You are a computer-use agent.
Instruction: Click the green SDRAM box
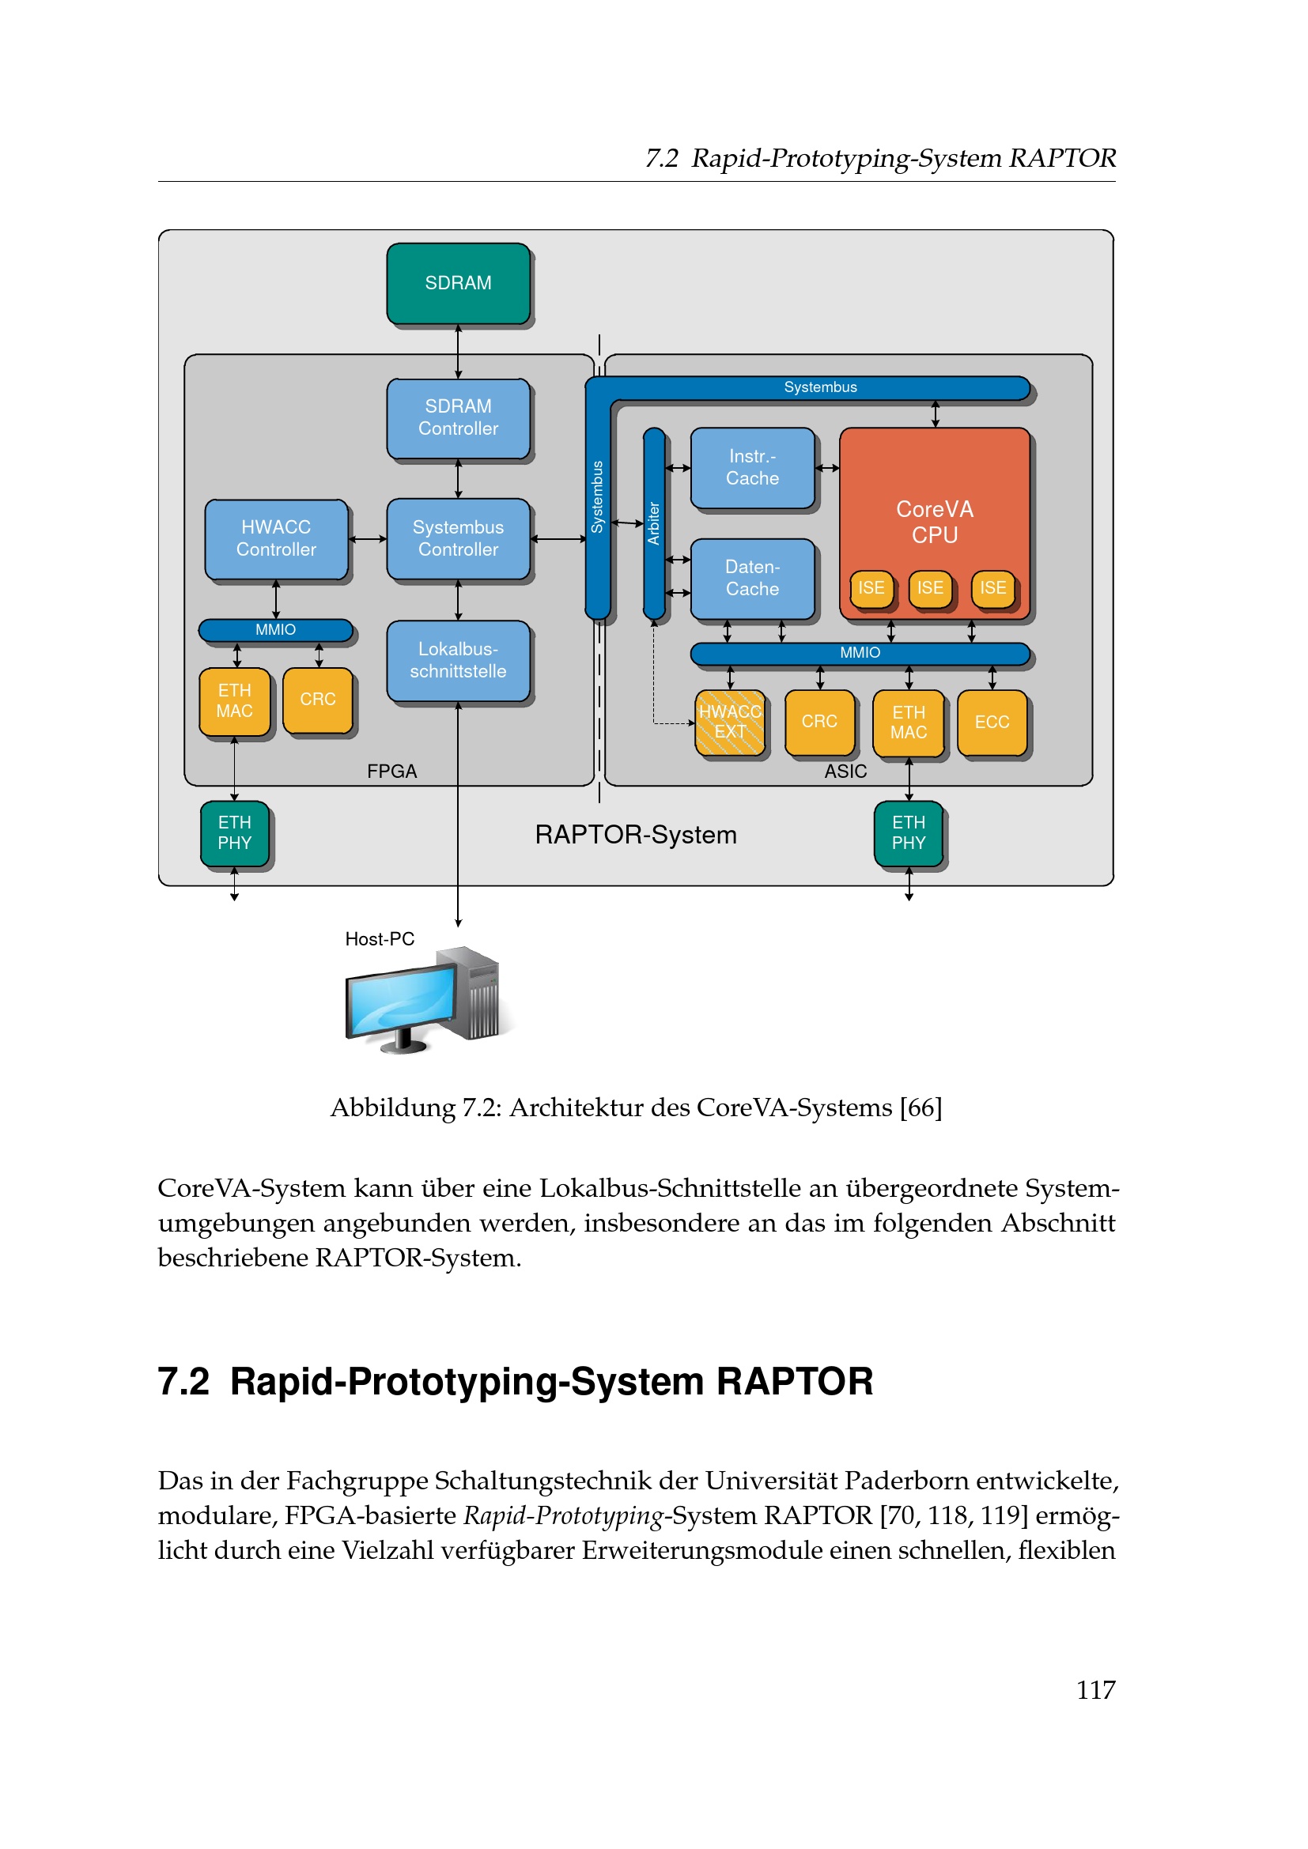(x=459, y=284)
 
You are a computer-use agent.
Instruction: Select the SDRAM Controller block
(x=459, y=419)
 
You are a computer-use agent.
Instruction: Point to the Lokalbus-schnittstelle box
(x=459, y=661)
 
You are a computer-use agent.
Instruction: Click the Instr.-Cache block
(x=753, y=468)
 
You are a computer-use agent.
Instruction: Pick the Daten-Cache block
(x=753, y=579)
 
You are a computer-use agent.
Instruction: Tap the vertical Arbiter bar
(x=654, y=523)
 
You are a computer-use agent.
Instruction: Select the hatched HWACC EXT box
(x=731, y=723)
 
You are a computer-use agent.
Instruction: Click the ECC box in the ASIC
(x=992, y=723)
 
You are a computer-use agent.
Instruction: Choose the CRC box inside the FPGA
(x=318, y=700)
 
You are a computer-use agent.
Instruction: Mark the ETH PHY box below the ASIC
(x=909, y=833)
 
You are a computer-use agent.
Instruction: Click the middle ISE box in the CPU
(x=930, y=589)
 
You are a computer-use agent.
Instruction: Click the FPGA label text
(x=392, y=772)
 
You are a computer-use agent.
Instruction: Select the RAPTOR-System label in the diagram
(x=637, y=835)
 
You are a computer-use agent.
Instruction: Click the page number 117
(x=1096, y=1689)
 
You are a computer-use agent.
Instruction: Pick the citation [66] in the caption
(x=921, y=1108)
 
